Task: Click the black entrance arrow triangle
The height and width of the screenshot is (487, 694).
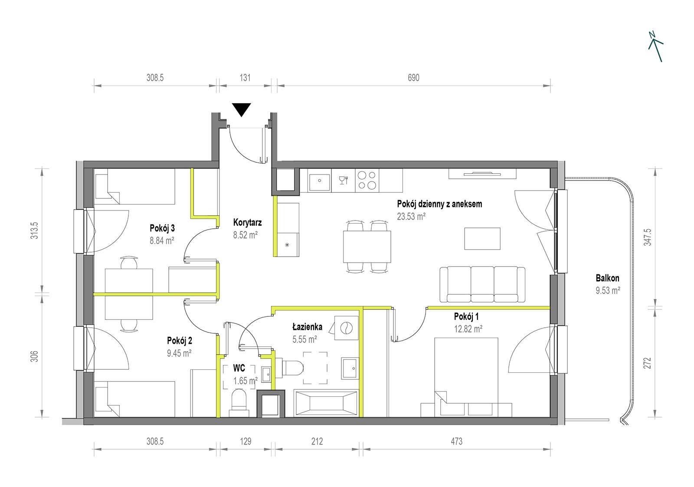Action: point(241,109)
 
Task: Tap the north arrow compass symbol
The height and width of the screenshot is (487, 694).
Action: point(655,46)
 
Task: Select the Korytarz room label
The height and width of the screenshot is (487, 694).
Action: point(247,222)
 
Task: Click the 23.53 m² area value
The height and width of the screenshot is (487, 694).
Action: point(411,216)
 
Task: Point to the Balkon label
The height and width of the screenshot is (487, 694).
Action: point(608,278)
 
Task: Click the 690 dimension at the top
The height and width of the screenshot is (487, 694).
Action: point(413,78)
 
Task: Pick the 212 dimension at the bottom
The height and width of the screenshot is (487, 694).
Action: point(317,441)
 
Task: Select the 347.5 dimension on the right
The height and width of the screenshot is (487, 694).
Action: point(648,237)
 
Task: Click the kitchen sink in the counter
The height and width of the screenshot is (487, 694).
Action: point(319,181)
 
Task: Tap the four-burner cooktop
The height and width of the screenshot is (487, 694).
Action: point(367,180)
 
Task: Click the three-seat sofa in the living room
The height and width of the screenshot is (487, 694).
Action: point(482,284)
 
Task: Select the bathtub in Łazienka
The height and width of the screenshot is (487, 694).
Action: point(326,403)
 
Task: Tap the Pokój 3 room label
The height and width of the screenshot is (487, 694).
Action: point(162,228)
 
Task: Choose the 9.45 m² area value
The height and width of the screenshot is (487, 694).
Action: point(179,353)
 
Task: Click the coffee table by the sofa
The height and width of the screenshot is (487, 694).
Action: point(482,238)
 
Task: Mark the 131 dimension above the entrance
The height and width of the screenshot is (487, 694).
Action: point(245,78)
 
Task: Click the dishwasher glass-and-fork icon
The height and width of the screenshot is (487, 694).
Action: point(344,180)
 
